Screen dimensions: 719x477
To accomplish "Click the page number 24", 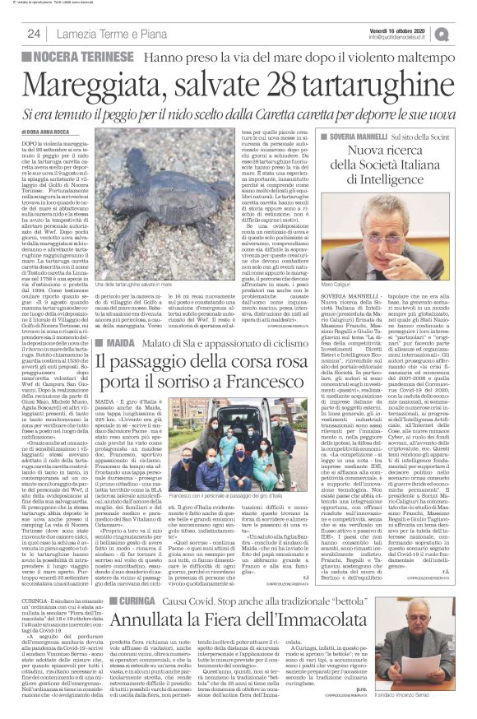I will pyautogui.click(x=35, y=33).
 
